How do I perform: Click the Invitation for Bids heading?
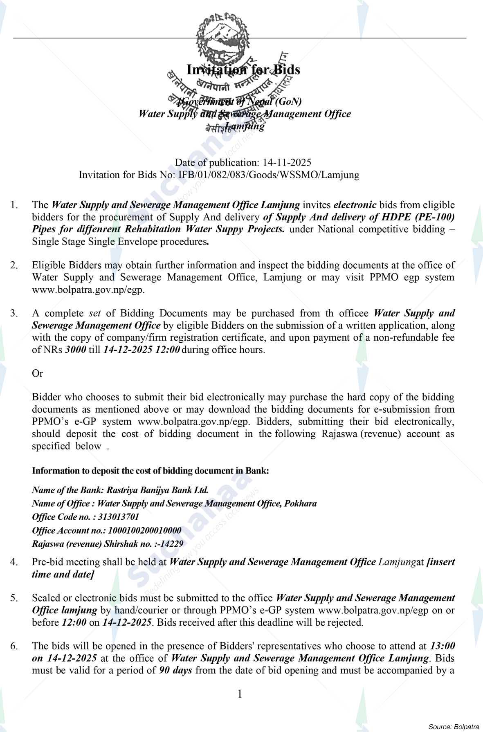(x=243, y=70)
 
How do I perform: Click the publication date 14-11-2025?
(x=287, y=163)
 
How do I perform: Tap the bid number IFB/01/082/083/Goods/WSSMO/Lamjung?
(x=269, y=175)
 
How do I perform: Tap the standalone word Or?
(x=37, y=373)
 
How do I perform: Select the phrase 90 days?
(x=175, y=671)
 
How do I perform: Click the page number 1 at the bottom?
(x=240, y=694)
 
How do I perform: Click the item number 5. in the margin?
(x=14, y=598)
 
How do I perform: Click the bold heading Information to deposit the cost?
(x=150, y=471)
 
